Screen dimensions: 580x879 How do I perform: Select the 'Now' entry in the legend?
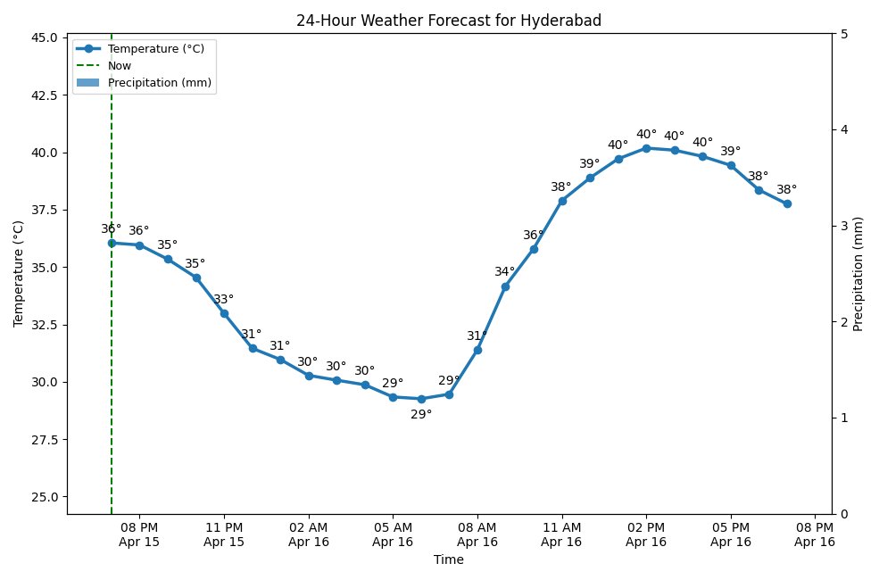click(x=120, y=65)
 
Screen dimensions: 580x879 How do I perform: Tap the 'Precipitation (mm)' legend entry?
click(x=161, y=82)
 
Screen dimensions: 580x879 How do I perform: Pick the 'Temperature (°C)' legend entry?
click(x=155, y=48)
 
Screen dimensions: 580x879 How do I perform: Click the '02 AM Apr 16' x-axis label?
click(x=309, y=534)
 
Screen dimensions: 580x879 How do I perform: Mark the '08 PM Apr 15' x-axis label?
click(x=139, y=534)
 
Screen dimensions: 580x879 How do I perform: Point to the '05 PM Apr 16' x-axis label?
click(x=731, y=534)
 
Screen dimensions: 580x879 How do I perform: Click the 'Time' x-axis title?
click(x=448, y=559)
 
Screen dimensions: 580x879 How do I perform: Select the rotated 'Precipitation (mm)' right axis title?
click(x=858, y=274)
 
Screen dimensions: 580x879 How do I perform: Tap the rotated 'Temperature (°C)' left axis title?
click(x=18, y=274)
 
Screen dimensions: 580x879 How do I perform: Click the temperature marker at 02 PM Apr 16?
click(x=646, y=148)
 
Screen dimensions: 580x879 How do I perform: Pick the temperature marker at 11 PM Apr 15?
click(x=224, y=313)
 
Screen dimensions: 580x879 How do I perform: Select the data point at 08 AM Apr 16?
click(x=477, y=350)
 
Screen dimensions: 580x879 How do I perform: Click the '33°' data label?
click(x=223, y=299)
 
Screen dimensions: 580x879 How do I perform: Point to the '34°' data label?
click(x=505, y=271)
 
